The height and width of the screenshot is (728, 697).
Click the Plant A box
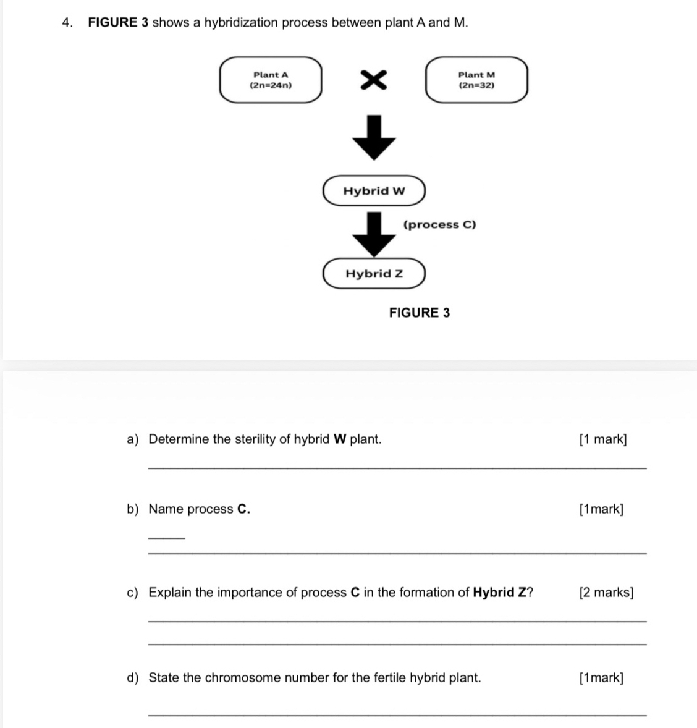pyautogui.click(x=271, y=80)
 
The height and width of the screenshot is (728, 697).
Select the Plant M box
pyautogui.click(x=476, y=80)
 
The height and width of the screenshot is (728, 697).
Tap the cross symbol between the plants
pyautogui.click(x=374, y=80)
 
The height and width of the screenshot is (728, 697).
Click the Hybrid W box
pyautogui.click(x=374, y=191)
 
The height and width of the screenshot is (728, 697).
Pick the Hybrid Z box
pyautogui.click(x=374, y=274)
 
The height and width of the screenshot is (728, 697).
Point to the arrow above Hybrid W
pyautogui.click(x=374, y=137)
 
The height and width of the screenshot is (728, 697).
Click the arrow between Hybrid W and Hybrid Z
pyautogui.click(x=373, y=234)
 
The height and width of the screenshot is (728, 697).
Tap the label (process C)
pyautogui.click(x=439, y=225)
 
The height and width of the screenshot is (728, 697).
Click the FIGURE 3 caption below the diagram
pyautogui.click(x=420, y=313)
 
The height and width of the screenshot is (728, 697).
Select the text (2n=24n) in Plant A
pyautogui.click(x=271, y=85)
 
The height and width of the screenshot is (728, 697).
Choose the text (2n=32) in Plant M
pyautogui.click(x=476, y=85)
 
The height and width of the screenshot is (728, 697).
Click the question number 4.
pyautogui.click(x=67, y=23)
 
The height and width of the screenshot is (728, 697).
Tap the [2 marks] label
pyautogui.click(x=606, y=593)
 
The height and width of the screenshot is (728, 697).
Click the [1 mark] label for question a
pyautogui.click(x=602, y=439)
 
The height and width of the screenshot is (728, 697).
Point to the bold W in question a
pyautogui.click(x=339, y=439)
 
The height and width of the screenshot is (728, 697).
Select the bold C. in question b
pyautogui.click(x=243, y=509)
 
